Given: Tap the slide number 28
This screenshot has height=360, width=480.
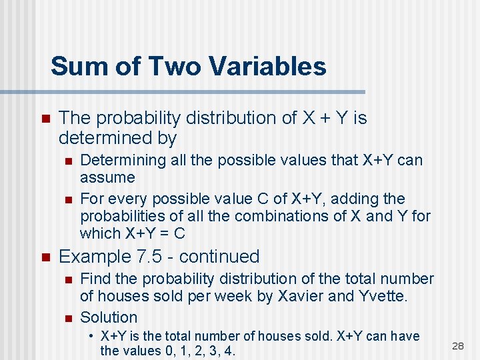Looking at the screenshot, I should pyautogui.click(x=457, y=345).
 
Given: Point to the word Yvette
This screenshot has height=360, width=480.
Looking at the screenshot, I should pyautogui.click(x=383, y=296).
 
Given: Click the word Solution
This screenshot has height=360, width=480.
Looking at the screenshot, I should pyautogui.click(x=109, y=317).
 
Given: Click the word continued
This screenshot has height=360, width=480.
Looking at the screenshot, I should pyautogui.click(x=219, y=256).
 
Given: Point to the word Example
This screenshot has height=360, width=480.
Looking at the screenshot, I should pyautogui.click(x=92, y=256).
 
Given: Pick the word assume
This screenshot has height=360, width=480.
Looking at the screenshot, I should pyautogui.click(x=107, y=177).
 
